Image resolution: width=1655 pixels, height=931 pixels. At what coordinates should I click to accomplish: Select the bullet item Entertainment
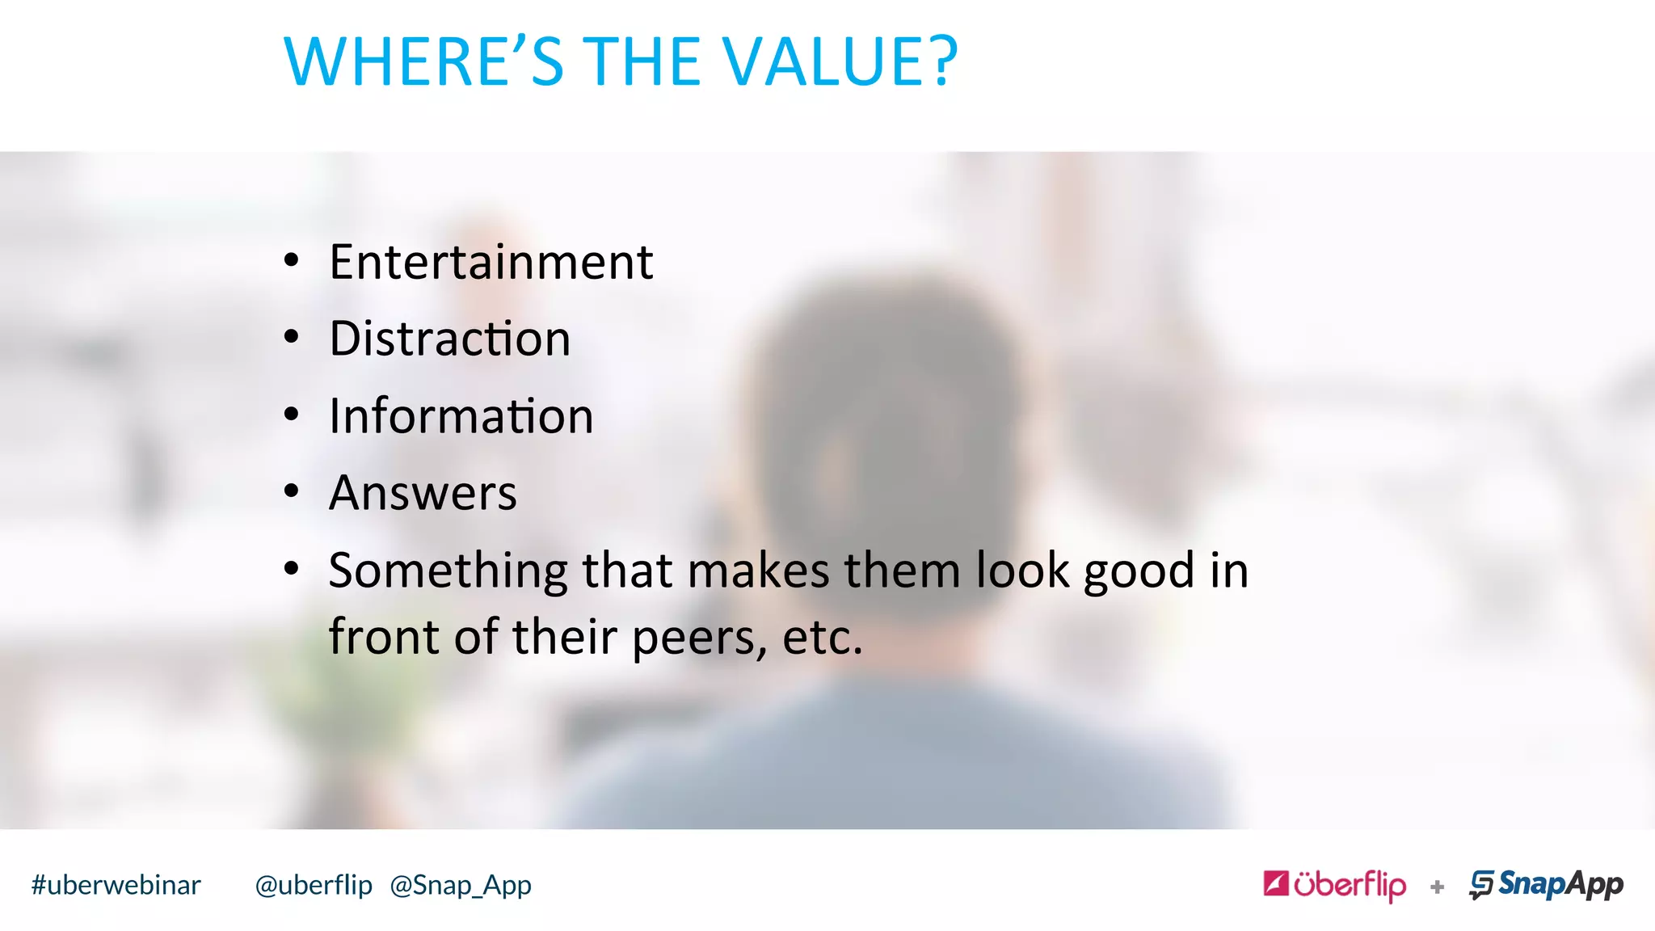(491, 263)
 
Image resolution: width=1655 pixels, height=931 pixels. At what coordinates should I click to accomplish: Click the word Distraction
(449, 339)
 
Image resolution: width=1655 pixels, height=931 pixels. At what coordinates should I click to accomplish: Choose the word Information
(461, 416)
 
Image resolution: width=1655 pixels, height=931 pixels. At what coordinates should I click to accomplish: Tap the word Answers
(423, 493)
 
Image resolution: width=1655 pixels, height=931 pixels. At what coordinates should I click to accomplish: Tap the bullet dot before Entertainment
(292, 261)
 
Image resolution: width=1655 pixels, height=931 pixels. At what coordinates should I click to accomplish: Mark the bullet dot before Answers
(292, 491)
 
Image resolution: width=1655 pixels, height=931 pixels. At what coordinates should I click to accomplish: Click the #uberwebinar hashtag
(116, 886)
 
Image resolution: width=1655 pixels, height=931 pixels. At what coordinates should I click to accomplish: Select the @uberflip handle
(314, 886)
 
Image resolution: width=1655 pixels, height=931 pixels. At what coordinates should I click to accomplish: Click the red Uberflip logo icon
(1276, 883)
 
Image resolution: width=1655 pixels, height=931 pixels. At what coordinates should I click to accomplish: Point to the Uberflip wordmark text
(1350, 885)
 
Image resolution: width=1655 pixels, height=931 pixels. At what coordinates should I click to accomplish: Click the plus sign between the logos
(1437, 887)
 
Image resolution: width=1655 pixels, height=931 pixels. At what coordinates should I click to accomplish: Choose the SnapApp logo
(1546, 885)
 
